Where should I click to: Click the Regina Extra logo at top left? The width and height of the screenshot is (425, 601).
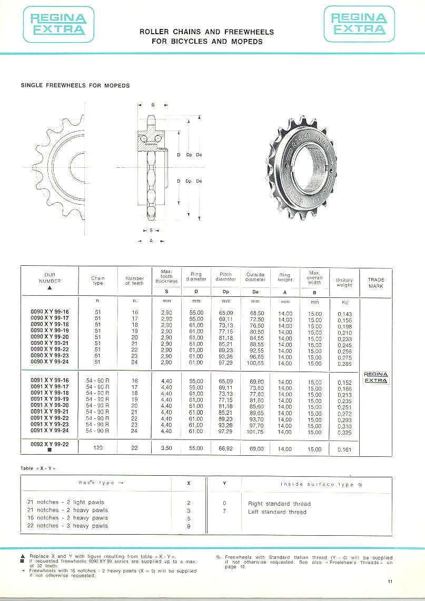(x=58, y=24)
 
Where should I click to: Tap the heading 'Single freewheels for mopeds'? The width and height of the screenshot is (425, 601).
(x=75, y=85)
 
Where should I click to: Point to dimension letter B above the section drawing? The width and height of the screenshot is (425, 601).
(x=153, y=105)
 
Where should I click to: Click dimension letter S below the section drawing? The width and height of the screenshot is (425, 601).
(x=151, y=231)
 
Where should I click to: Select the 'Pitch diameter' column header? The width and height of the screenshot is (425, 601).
(x=225, y=277)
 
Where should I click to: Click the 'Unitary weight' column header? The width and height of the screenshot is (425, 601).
(x=344, y=283)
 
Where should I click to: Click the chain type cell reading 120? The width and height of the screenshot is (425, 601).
(x=97, y=449)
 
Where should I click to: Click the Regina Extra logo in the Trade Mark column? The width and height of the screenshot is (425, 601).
(x=376, y=378)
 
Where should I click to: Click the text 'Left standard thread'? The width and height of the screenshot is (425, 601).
(x=277, y=512)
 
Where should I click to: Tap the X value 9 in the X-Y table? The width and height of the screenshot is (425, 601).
(x=189, y=526)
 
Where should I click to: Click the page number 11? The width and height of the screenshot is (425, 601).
(x=390, y=582)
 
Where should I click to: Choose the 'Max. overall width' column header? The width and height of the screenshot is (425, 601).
(x=314, y=278)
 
